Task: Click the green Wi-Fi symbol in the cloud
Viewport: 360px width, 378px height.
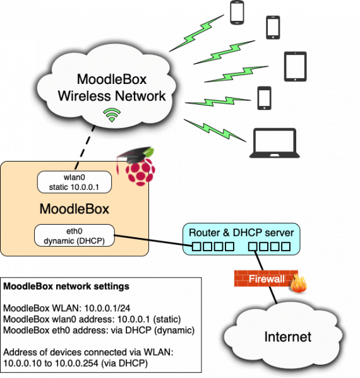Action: (x=112, y=115)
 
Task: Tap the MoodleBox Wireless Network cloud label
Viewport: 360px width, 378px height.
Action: (x=112, y=88)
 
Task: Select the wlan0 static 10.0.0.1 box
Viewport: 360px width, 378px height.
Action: (x=75, y=182)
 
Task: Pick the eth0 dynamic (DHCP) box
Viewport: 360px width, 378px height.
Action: (x=75, y=235)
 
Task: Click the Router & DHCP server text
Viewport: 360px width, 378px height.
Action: (x=241, y=232)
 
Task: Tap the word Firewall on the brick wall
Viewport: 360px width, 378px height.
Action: (x=266, y=279)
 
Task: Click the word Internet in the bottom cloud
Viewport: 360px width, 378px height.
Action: (x=287, y=337)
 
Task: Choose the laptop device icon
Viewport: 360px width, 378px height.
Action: (x=274, y=143)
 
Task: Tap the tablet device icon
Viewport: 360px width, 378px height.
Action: (x=295, y=67)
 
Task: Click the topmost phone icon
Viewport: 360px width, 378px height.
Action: (x=237, y=13)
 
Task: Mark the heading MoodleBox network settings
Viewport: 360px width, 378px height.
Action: (x=66, y=286)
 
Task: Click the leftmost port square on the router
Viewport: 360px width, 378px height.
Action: (x=196, y=245)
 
